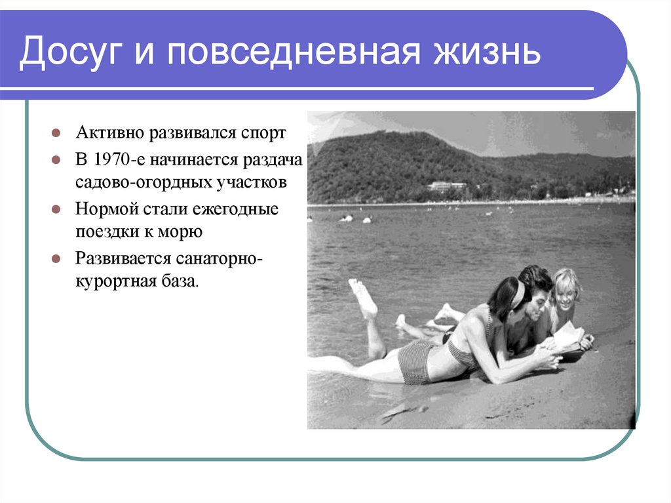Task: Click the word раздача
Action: [271, 161]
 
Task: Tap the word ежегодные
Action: [242, 210]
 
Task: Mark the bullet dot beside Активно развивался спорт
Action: [57, 133]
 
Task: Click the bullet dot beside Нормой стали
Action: [57, 210]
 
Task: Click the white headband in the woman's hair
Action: [518, 295]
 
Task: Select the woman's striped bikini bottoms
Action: [415, 362]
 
